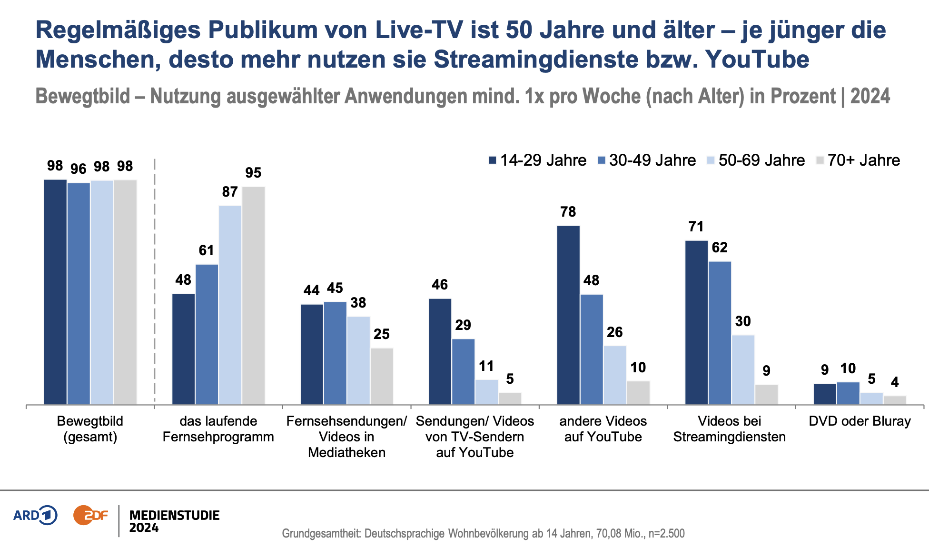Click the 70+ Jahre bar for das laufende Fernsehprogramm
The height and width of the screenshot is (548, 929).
(x=254, y=295)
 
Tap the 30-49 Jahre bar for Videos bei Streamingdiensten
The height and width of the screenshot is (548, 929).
(x=720, y=333)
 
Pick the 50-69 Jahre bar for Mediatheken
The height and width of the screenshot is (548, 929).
(x=358, y=360)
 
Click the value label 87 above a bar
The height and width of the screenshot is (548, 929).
(x=230, y=192)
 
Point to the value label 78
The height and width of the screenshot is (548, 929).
(x=568, y=212)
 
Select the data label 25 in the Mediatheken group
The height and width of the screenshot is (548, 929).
(x=382, y=334)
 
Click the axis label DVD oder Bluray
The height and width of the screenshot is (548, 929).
(x=860, y=421)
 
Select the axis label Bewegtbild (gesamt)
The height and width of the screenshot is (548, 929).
(x=90, y=429)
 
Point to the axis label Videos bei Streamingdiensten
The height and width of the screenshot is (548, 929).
(x=729, y=429)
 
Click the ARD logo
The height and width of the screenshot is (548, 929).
(x=35, y=515)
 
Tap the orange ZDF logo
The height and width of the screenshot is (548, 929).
(x=90, y=515)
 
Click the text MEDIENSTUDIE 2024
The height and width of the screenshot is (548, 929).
(x=174, y=521)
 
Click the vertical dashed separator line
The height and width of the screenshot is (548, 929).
(x=155, y=286)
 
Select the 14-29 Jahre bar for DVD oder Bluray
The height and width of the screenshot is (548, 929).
(x=825, y=394)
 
